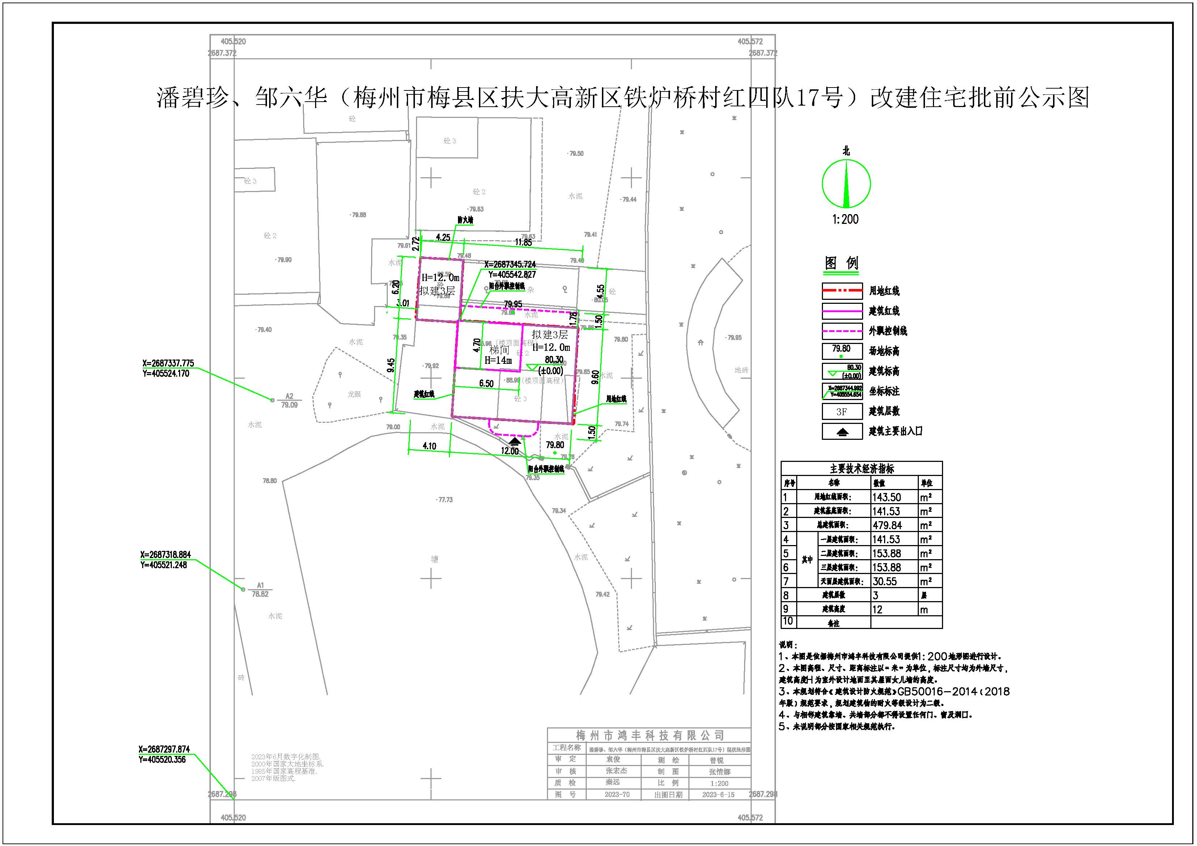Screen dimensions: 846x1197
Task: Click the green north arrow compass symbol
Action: point(846,183)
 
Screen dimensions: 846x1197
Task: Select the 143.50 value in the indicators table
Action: point(886,497)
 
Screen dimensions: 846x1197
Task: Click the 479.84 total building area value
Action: point(887,526)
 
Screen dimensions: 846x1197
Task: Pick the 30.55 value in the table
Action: point(885,581)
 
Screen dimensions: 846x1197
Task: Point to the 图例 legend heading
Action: point(841,263)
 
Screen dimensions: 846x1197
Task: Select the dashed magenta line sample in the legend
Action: point(842,331)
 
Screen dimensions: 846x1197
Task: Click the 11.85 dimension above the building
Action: point(523,242)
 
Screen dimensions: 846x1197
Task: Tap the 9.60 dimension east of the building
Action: point(595,377)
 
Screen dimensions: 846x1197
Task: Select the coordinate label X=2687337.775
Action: point(168,363)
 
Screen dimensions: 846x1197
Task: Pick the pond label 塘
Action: point(434,559)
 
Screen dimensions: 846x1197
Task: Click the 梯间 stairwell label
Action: point(499,350)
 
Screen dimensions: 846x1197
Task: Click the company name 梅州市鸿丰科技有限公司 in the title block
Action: point(650,735)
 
